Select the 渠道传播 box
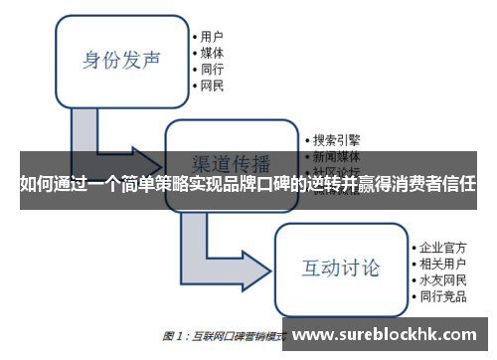pos(231,162)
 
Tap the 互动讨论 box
pos(340,268)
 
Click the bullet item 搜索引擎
pos(336,140)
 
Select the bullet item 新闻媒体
pos(336,157)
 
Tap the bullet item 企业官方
pos(443,245)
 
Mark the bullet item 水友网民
pos(443,279)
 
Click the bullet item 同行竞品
pos(443,297)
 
